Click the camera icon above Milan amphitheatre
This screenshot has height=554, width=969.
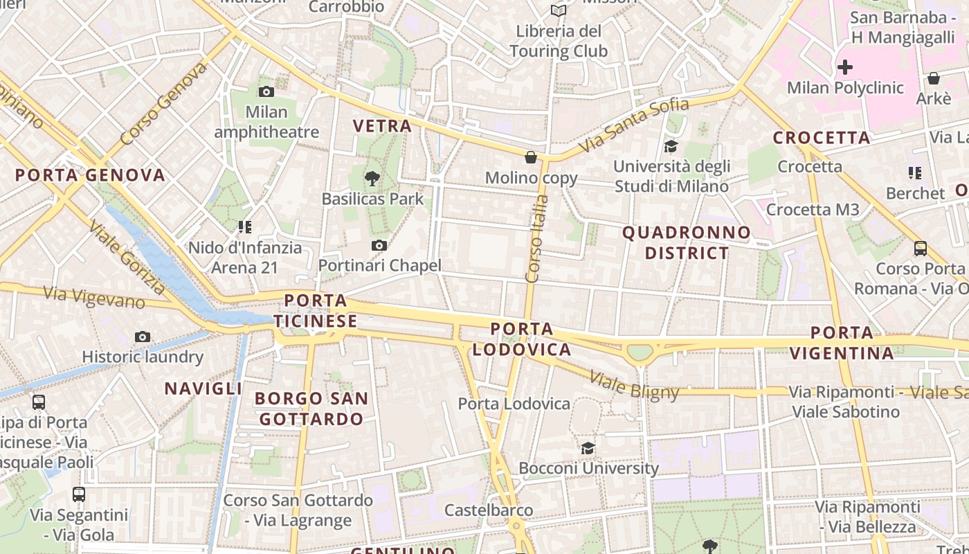pos(266,91)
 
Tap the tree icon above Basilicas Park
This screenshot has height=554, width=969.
pos(372,179)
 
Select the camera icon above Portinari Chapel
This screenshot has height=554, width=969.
pos(379,245)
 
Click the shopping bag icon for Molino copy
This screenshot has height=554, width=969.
pos(531,157)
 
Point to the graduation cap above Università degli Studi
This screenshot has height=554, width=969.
pos(671,146)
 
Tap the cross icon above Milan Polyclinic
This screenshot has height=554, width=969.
pos(844,67)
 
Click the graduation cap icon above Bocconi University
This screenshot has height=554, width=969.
pos(588,448)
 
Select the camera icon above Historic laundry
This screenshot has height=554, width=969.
pos(143,337)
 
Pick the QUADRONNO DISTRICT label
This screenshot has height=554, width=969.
pos(687,242)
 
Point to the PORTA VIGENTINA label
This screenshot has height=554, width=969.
pos(842,343)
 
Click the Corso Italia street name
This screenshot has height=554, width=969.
pos(537,239)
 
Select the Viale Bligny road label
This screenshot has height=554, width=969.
pos(634,386)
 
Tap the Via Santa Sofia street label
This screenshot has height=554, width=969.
pos(634,125)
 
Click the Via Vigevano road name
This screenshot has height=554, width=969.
pos(94,298)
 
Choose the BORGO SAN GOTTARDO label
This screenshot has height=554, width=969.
pos(311,409)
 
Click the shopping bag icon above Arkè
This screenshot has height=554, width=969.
pos(933,78)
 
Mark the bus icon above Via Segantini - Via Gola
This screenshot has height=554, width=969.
pos(79,494)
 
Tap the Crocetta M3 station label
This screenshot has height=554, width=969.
pos(813,209)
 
